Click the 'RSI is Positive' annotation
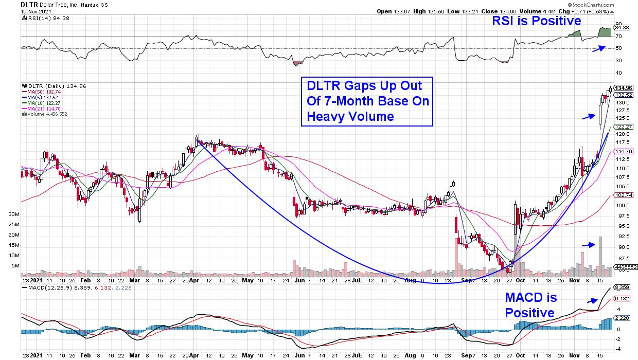coord(537,21)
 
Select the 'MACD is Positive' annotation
coord(530,305)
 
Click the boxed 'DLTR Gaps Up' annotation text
coord(367,101)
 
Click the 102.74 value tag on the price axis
coord(623,195)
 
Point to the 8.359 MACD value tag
coord(622,287)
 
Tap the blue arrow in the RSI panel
coord(598,48)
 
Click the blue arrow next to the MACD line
coord(593,300)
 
